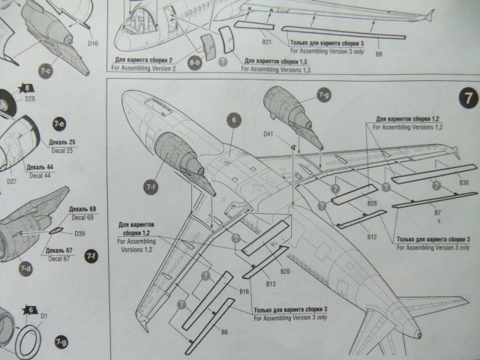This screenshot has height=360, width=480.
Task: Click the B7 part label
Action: tap(436, 213)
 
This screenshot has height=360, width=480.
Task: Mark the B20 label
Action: tap(284, 270)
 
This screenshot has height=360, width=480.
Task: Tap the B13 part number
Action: tap(271, 284)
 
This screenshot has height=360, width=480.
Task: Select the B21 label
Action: tap(267, 43)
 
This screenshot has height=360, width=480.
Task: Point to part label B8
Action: tap(378, 54)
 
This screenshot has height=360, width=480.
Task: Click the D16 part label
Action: tap(93, 43)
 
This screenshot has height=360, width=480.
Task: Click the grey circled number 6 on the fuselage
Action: tap(233, 118)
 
